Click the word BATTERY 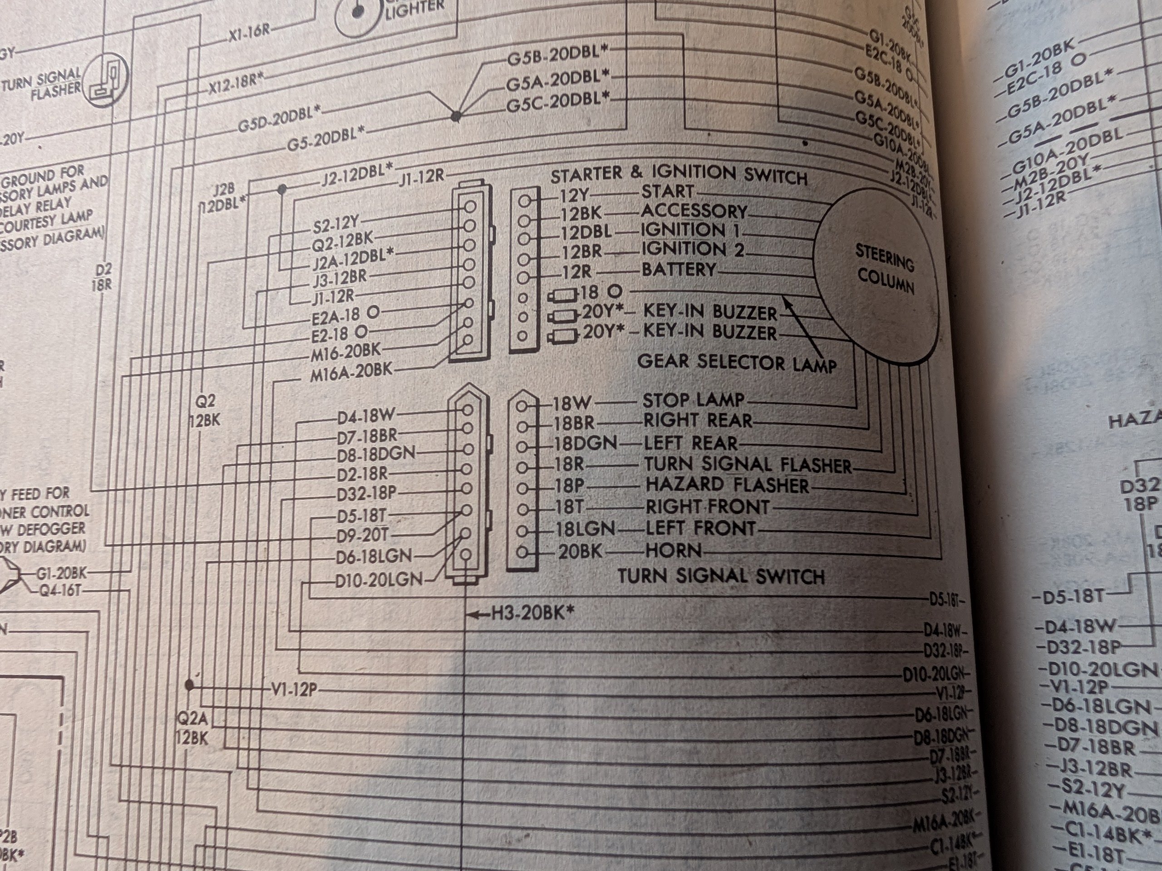(679, 270)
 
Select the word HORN (674, 551)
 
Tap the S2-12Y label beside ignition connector (335, 225)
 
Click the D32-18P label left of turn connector (367, 494)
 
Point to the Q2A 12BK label (192, 728)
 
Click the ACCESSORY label (694, 211)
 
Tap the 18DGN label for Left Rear (586, 444)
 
